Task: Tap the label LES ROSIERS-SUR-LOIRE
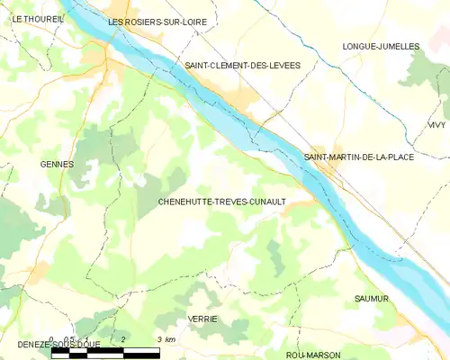tap(151, 21)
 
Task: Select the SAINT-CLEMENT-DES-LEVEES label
tap(242, 66)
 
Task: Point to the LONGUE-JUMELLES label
tap(381, 46)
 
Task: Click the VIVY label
tap(436, 125)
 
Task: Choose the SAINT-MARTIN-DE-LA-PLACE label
tap(359, 157)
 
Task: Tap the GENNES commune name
tap(57, 164)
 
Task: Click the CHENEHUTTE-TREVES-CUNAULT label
tap(221, 202)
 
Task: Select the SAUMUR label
tap(371, 298)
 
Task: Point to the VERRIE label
tap(202, 319)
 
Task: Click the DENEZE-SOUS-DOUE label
tap(45, 345)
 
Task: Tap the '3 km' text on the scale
tap(165, 339)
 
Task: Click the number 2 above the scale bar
tap(122, 339)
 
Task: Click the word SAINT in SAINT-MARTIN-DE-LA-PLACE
tap(318, 157)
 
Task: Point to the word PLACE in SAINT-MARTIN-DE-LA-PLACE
tap(400, 157)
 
